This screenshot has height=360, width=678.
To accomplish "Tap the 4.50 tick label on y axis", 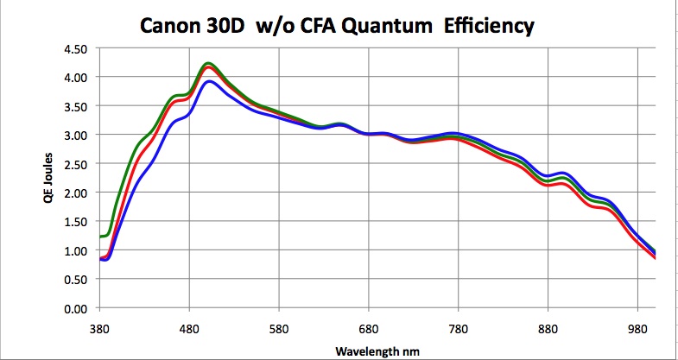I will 75,48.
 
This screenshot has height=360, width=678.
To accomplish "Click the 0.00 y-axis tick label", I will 75,308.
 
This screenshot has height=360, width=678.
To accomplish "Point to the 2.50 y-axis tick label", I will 75,164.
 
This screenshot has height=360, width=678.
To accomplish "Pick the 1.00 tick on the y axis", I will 75,250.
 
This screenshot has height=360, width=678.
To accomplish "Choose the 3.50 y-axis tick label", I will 75,106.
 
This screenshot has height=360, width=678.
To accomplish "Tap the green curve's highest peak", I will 208,63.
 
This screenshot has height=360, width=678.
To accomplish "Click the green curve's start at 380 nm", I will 101,236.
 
